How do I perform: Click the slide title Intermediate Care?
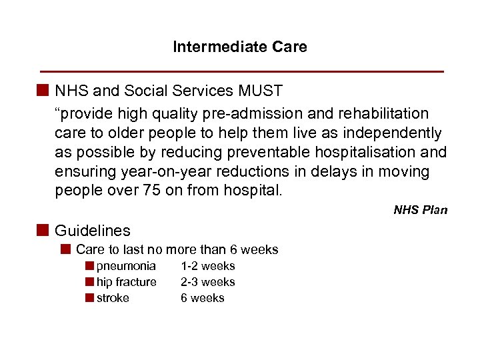240,47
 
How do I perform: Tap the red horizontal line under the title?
242,71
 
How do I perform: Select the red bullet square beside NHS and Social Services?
44,90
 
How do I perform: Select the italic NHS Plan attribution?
420,210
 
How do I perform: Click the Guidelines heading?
93,231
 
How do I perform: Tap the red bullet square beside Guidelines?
44,230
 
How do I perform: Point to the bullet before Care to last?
65,249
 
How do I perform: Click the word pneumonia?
126,266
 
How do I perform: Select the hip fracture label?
127,282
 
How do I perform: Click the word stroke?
113,298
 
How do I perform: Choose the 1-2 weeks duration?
207,266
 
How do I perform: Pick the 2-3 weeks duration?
207,282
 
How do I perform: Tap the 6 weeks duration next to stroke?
203,298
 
